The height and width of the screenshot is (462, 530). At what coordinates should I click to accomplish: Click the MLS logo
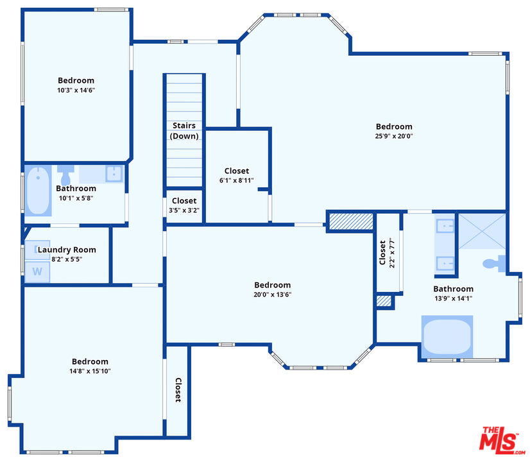tap(502, 440)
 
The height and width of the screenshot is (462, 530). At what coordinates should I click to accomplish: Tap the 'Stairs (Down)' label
tap(184, 131)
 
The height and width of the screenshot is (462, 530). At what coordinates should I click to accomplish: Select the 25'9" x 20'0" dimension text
tap(394, 136)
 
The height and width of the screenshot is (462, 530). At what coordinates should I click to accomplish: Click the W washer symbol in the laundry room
tap(37, 271)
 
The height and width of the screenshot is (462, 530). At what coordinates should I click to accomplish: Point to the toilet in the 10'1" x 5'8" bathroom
tap(65, 175)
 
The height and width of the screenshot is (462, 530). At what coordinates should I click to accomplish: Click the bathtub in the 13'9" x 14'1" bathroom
tap(447, 337)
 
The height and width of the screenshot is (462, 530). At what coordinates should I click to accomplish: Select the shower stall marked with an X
tap(482, 231)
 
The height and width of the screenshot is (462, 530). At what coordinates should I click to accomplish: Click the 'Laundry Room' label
tap(67, 250)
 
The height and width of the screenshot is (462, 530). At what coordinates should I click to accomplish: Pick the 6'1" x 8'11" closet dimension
tap(237, 180)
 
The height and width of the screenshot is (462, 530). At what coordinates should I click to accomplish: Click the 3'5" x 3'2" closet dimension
tap(184, 210)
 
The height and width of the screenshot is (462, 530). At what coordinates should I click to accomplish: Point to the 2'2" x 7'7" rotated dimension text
tap(392, 253)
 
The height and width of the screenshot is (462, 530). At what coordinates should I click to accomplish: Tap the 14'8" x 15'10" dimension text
tap(90, 371)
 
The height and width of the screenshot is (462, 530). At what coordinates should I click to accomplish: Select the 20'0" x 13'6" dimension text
tap(273, 295)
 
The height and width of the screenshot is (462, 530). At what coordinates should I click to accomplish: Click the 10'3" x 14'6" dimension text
tap(76, 90)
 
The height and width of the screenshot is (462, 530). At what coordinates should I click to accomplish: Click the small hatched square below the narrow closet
tap(384, 301)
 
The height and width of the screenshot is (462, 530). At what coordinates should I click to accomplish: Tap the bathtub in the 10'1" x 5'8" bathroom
tap(38, 191)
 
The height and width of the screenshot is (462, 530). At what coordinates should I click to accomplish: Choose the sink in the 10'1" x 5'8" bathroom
tap(114, 174)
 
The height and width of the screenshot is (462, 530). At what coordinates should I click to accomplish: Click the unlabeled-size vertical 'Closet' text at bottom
tap(178, 389)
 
